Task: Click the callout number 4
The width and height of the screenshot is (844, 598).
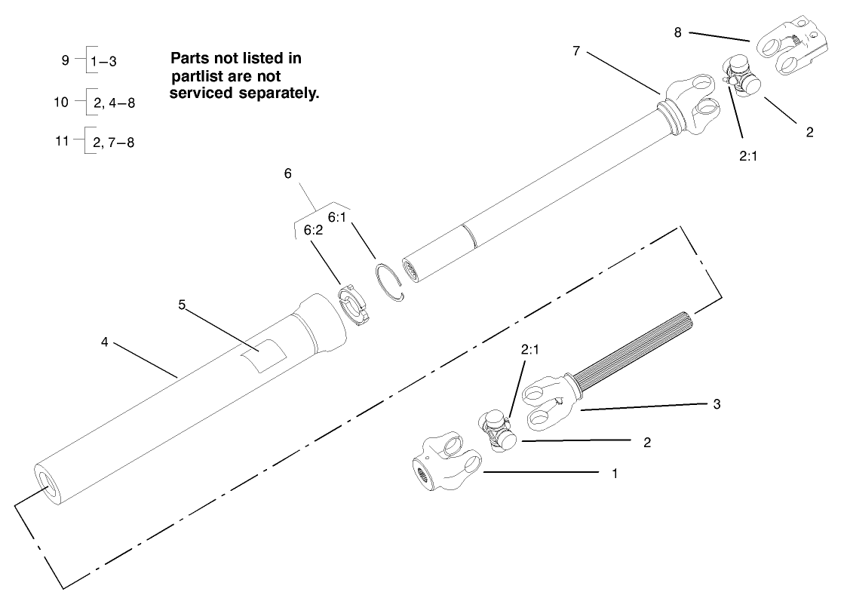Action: pyautogui.click(x=105, y=341)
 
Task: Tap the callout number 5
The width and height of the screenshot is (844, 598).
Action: pyautogui.click(x=182, y=305)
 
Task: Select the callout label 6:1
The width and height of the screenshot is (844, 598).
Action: pyautogui.click(x=337, y=217)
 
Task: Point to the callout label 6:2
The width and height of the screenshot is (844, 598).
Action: pyautogui.click(x=314, y=232)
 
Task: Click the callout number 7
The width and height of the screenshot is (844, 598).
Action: pyautogui.click(x=576, y=51)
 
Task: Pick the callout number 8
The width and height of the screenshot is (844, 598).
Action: pyautogui.click(x=677, y=32)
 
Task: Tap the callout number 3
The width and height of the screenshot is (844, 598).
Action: pyautogui.click(x=716, y=404)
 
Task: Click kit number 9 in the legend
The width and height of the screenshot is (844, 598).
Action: pyautogui.click(x=66, y=61)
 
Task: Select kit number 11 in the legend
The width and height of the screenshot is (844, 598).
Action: pyautogui.click(x=63, y=141)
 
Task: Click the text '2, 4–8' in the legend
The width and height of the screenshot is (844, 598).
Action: pyautogui.click(x=114, y=103)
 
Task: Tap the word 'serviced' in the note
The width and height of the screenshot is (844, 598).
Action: pyautogui.click(x=203, y=94)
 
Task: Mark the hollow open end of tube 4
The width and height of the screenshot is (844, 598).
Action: pyautogui.click(x=48, y=487)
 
